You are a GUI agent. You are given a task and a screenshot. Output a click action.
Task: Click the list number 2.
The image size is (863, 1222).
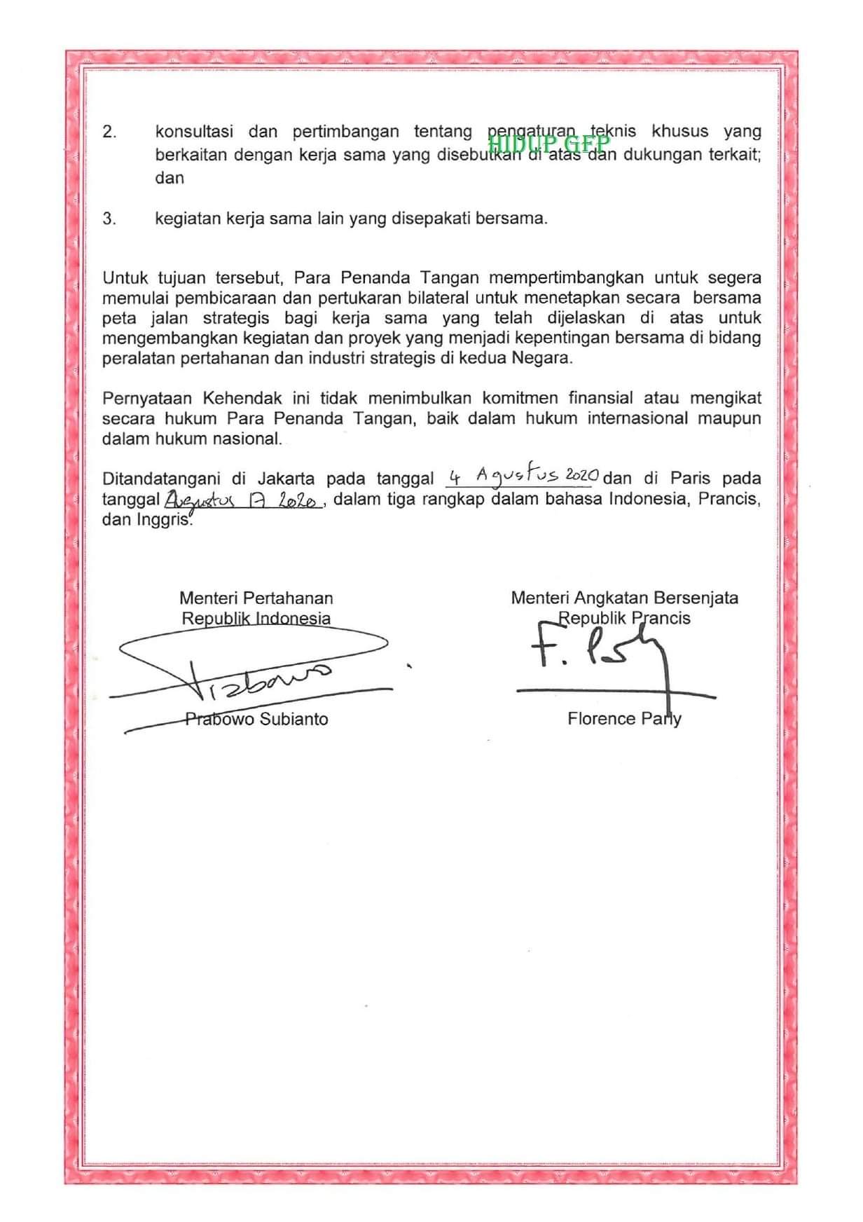click(x=109, y=132)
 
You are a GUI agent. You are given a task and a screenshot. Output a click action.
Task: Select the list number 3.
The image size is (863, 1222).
click(x=109, y=219)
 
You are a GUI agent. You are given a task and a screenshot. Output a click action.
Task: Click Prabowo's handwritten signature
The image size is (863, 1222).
click(x=252, y=673)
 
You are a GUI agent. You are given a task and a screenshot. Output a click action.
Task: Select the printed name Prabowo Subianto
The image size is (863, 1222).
click(x=256, y=720)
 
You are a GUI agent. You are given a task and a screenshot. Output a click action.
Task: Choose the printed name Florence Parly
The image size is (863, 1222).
click(x=624, y=719)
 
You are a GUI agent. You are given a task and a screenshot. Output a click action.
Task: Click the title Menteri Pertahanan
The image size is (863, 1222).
click(x=256, y=598)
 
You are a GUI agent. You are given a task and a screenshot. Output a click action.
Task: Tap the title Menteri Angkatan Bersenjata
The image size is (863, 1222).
click(x=624, y=598)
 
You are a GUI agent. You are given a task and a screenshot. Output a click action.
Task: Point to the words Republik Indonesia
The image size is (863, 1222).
click(x=256, y=619)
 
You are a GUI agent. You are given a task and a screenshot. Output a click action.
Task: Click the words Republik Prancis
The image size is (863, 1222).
click(x=624, y=619)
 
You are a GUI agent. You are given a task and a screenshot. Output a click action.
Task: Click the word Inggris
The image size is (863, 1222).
click(x=164, y=521)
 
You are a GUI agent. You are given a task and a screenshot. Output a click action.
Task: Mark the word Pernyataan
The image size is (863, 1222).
click(x=147, y=399)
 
